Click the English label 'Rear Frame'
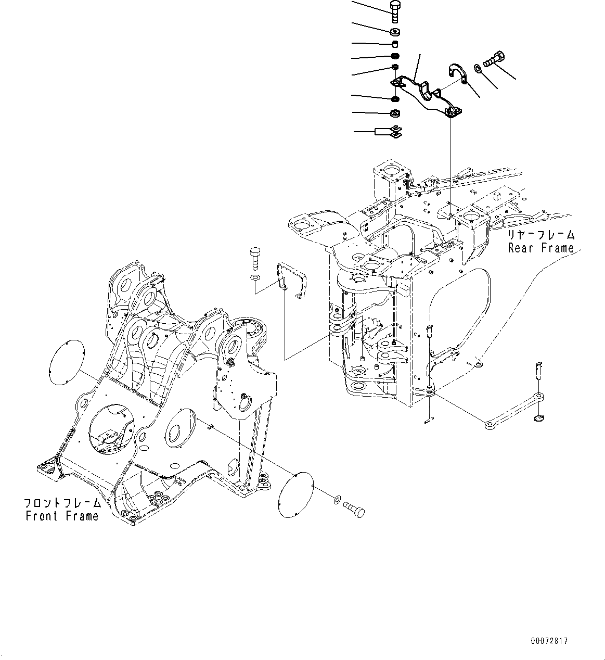[540, 248]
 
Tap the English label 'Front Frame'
[62, 516]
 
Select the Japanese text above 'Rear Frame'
[542, 235]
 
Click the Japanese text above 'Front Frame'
[62, 503]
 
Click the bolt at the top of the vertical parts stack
[394, 10]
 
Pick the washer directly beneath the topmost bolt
[394, 31]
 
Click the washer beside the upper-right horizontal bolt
[478, 68]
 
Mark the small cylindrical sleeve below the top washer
[394, 44]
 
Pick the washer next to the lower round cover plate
[337, 500]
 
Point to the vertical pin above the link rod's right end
[539, 371]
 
